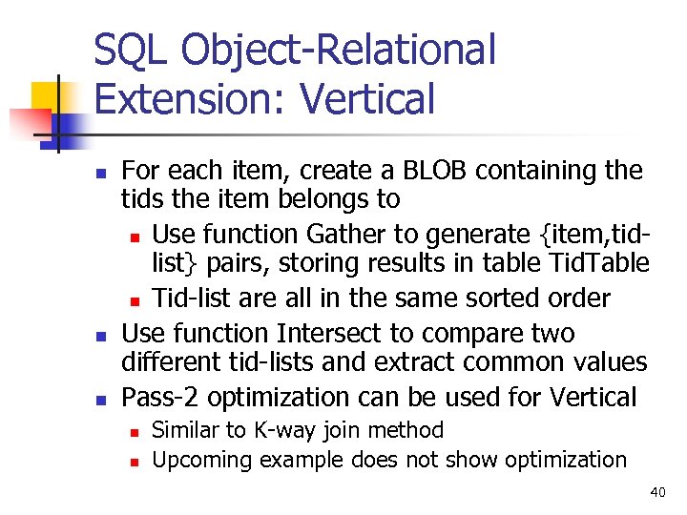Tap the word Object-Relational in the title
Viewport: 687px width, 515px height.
(339, 50)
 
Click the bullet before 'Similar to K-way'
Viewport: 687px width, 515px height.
(135, 432)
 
